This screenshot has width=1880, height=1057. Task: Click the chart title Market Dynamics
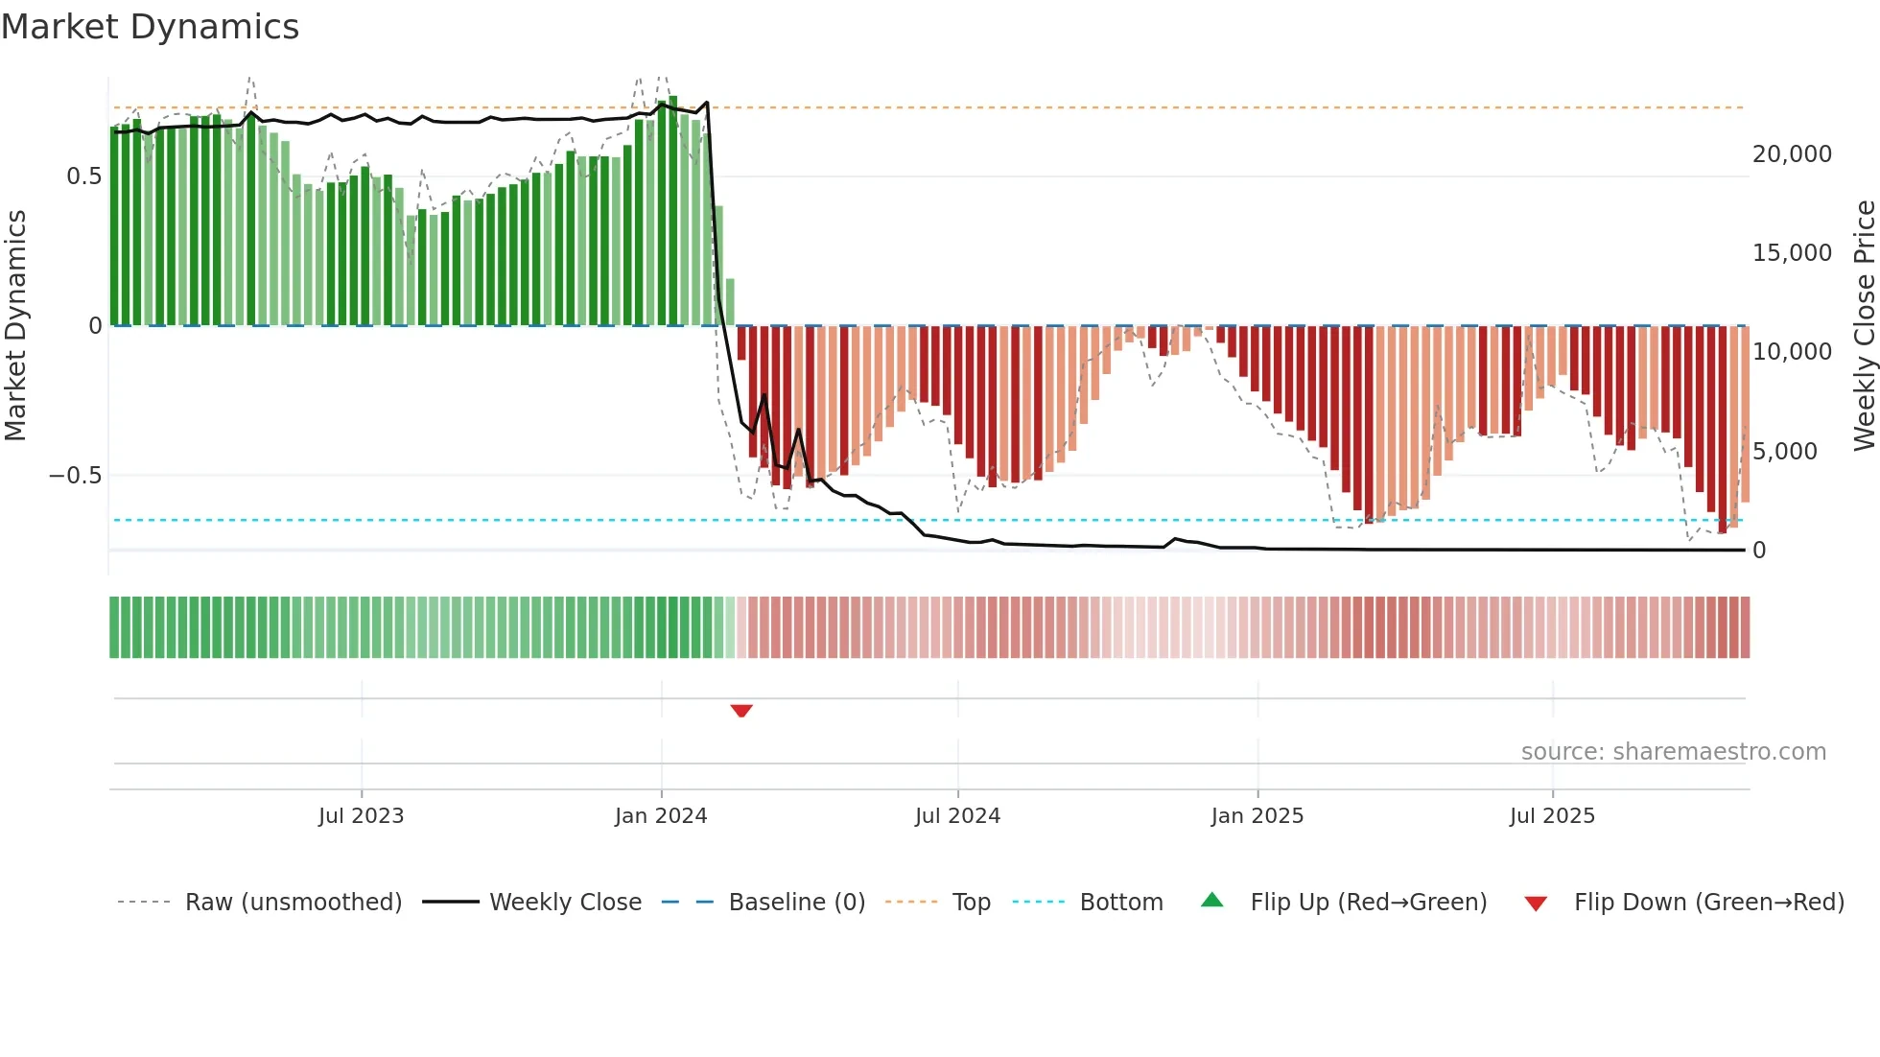(x=150, y=27)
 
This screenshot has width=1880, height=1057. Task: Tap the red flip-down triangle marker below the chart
(x=741, y=711)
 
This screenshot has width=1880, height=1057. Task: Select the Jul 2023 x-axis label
(x=361, y=816)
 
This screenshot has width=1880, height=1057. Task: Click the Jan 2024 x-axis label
(x=661, y=816)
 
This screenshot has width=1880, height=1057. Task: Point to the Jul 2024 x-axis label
(x=957, y=816)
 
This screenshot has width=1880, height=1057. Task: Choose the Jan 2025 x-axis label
(x=1257, y=816)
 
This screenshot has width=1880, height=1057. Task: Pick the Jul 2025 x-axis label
(x=1552, y=816)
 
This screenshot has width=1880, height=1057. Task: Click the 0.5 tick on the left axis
(x=83, y=176)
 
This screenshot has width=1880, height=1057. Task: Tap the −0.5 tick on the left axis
(x=75, y=476)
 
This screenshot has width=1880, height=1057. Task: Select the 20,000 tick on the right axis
(x=1792, y=154)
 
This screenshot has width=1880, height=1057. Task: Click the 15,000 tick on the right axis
(x=1792, y=253)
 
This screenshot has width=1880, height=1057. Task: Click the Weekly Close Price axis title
(x=1864, y=325)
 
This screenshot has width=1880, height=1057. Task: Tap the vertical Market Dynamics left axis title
(x=15, y=325)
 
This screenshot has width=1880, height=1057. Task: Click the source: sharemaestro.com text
(x=1673, y=752)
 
